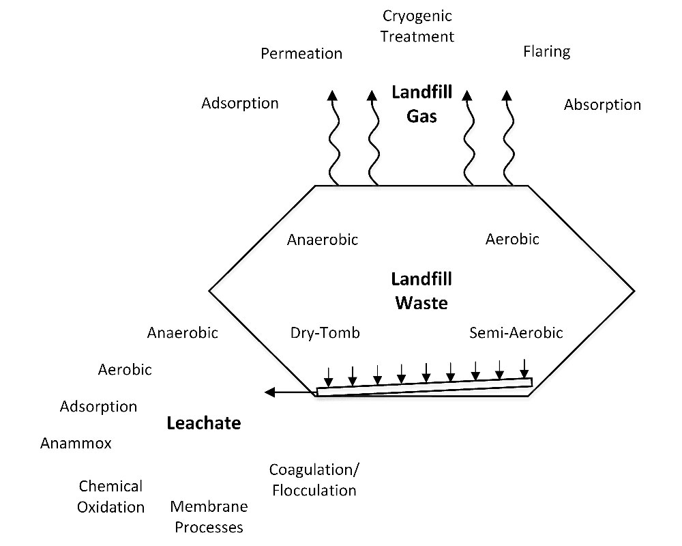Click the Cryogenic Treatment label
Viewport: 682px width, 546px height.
pyautogui.click(x=416, y=25)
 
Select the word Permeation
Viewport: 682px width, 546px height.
pyautogui.click(x=301, y=53)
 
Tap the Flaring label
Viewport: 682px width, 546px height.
pyautogui.click(x=546, y=51)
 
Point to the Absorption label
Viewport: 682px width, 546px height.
pyautogui.click(x=602, y=105)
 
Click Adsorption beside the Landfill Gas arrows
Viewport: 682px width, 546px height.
pyautogui.click(x=240, y=103)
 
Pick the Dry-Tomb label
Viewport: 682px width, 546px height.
pyautogui.click(x=325, y=333)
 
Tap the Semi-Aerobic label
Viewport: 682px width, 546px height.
pyautogui.click(x=516, y=333)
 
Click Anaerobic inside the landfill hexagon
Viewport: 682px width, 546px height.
pyautogui.click(x=323, y=240)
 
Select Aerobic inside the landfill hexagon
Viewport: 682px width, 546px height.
pyautogui.click(x=512, y=239)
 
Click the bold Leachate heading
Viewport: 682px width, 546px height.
pyautogui.click(x=204, y=423)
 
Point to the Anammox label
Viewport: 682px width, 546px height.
pyautogui.click(x=76, y=444)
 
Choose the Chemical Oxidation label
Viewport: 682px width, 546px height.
pyautogui.click(x=110, y=497)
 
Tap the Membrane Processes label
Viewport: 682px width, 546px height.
pyautogui.click(x=208, y=517)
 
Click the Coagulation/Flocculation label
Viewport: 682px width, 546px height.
pyautogui.click(x=313, y=480)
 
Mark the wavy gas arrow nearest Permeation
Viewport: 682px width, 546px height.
pyautogui.click(x=332, y=136)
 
